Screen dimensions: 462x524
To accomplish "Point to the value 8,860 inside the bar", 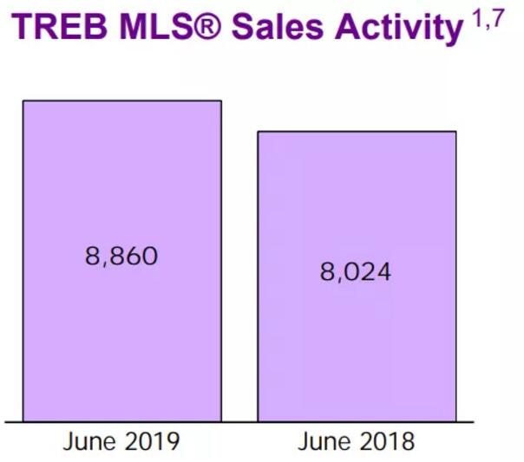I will tap(122, 257).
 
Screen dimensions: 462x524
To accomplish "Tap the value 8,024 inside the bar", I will tap(357, 271).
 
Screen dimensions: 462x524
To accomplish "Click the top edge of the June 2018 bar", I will tap(357, 132).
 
